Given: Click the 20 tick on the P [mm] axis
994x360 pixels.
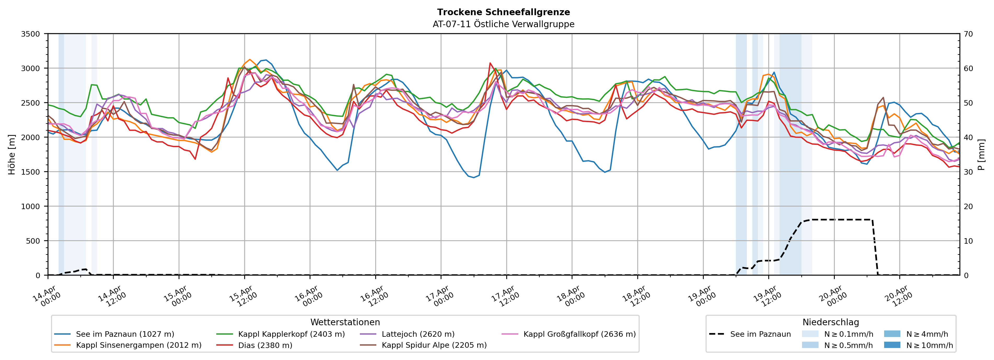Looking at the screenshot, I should [968, 207].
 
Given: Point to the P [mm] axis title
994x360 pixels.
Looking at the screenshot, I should [981, 154].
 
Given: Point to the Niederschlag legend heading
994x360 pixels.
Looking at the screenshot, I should [830, 322].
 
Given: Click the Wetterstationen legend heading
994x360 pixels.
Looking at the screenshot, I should [345, 322].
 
